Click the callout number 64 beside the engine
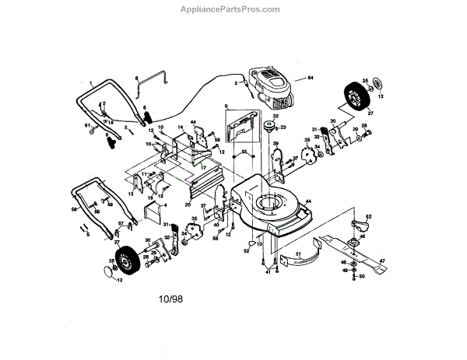point(310,78)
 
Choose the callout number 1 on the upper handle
point(90,82)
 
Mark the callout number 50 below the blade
point(361,276)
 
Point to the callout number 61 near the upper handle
point(88,126)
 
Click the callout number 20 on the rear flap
point(188,204)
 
